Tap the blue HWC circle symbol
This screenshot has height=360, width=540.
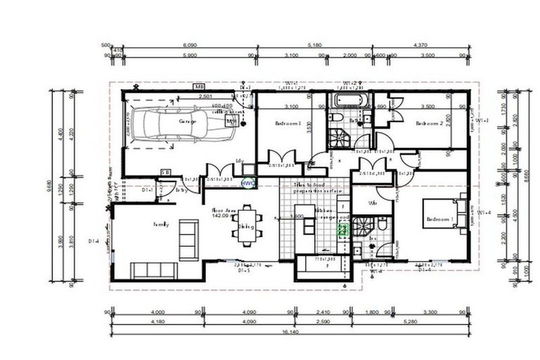[247, 181]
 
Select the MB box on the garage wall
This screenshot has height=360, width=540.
[200, 86]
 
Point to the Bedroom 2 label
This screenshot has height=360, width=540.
[428, 124]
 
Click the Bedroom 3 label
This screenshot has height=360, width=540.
[288, 124]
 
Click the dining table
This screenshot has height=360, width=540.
[247, 226]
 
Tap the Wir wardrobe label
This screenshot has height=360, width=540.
[365, 204]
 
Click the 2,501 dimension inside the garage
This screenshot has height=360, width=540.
[206, 96]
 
